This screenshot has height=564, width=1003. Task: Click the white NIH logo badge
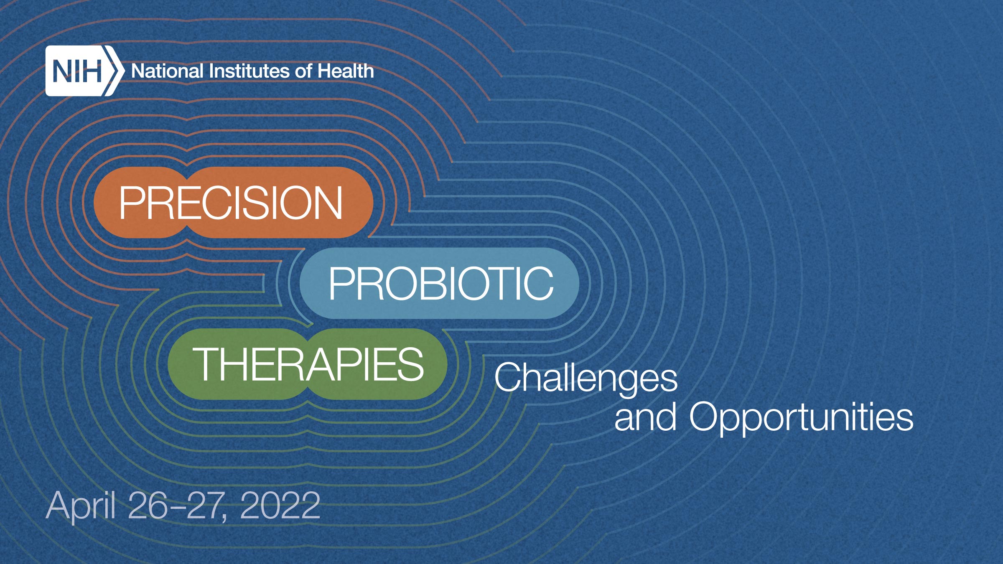(77, 71)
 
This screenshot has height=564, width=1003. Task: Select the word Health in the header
(345, 71)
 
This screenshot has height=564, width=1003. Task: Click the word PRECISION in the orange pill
(231, 203)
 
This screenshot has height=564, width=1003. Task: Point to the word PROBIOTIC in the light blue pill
(441, 284)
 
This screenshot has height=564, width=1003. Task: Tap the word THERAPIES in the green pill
(308, 365)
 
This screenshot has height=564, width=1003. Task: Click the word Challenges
(586, 378)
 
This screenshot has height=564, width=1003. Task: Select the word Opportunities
(801, 417)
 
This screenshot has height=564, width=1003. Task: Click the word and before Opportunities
(645, 417)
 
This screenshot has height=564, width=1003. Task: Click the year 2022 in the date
(280, 506)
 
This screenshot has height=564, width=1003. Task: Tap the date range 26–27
(178, 506)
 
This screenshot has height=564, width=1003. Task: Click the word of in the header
(303, 71)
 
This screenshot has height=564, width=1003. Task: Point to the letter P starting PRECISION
(132, 203)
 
